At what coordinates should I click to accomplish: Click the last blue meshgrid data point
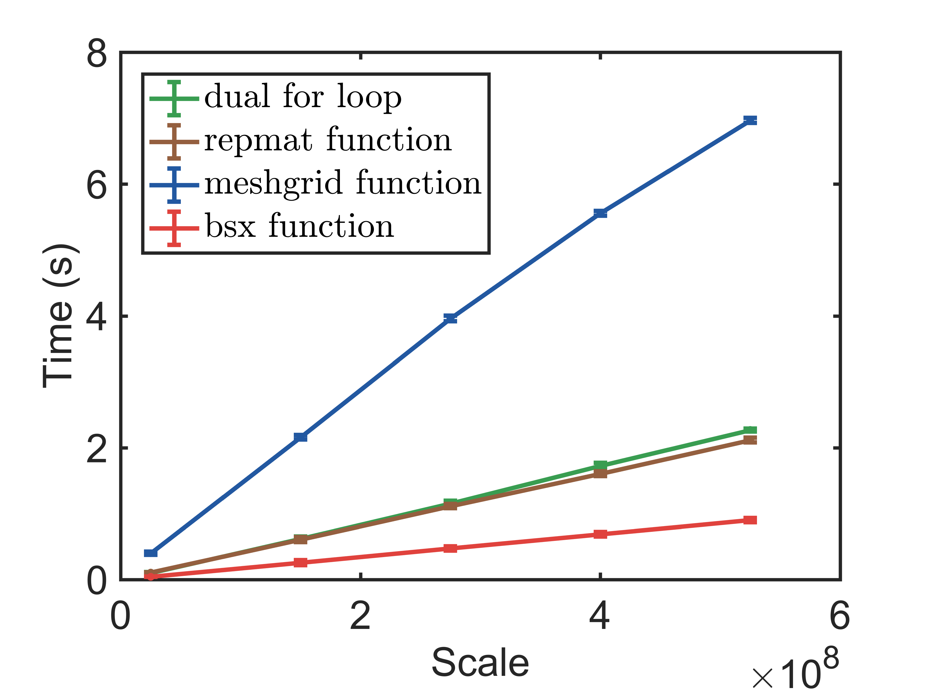750,120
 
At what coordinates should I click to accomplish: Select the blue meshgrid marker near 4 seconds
450,318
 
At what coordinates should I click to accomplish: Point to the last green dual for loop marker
750,430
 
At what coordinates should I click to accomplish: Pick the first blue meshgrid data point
151,553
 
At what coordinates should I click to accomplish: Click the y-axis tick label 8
97,54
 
